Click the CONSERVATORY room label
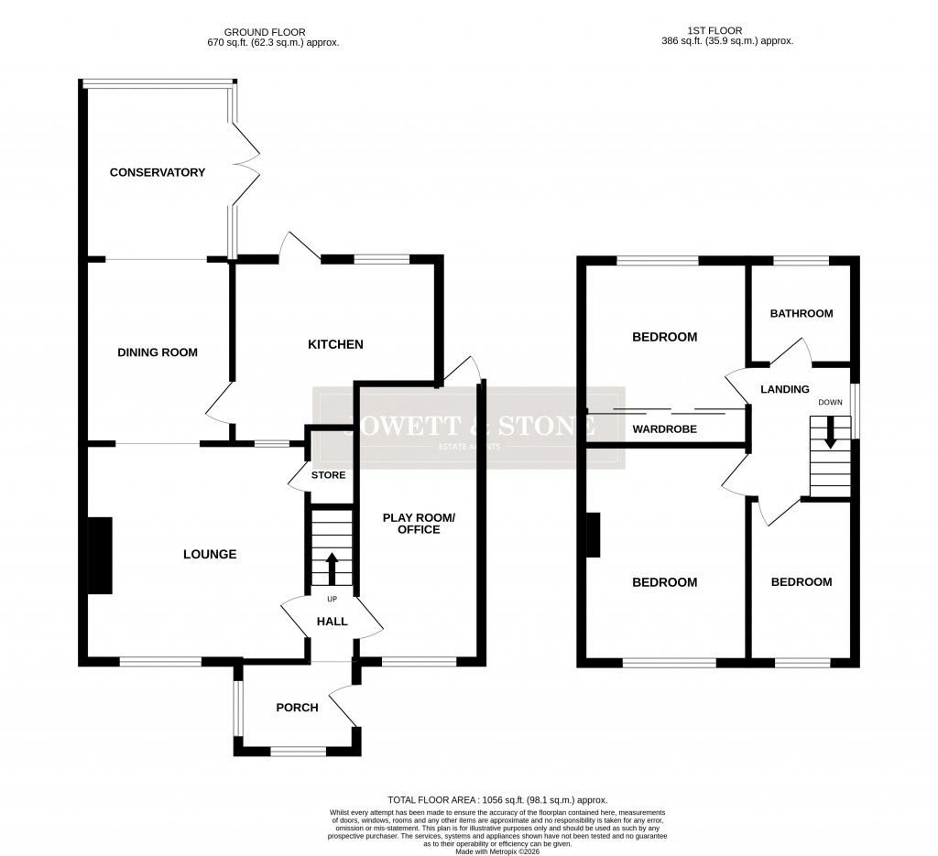click(x=157, y=172)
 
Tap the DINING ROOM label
click(x=157, y=352)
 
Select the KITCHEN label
click(x=335, y=344)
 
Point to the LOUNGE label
click(x=210, y=554)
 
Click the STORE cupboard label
click(x=328, y=475)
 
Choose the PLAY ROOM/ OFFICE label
click(x=418, y=524)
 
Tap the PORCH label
click(x=297, y=708)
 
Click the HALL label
click(x=332, y=622)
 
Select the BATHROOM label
click(x=802, y=314)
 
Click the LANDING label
click(x=785, y=389)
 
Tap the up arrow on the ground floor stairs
click(x=331, y=567)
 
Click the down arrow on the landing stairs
click(x=830, y=433)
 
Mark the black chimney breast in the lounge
click(x=99, y=555)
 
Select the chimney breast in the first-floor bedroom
click(x=594, y=535)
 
